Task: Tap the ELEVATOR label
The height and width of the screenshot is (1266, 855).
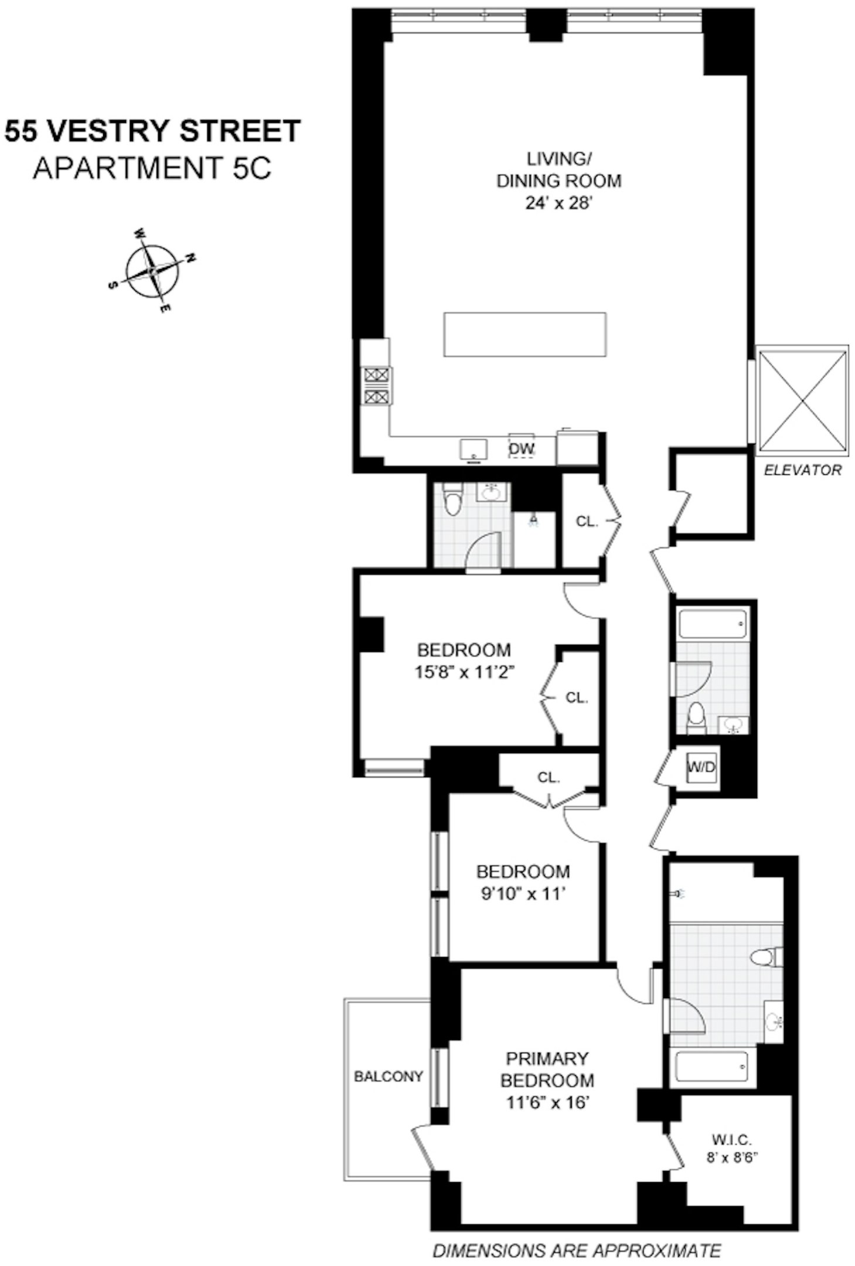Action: coord(802,469)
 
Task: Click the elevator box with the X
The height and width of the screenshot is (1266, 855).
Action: coord(802,400)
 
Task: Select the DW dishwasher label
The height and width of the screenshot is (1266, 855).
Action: coord(521,449)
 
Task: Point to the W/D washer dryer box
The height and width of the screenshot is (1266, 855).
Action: coord(701,767)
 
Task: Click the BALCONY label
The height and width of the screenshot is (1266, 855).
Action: coord(388,1076)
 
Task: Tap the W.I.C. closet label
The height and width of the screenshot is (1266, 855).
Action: coord(731,1139)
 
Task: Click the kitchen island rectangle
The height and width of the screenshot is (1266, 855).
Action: coord(524,334)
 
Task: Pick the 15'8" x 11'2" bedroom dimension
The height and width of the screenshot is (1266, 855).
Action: coord(464,672)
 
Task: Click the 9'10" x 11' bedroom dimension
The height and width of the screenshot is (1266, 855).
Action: coord(523,894)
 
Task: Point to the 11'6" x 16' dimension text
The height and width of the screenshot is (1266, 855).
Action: coord(547,1102)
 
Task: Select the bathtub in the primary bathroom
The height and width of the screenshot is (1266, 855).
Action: coord(712,1066)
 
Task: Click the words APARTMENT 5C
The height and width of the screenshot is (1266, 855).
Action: coord(152,169)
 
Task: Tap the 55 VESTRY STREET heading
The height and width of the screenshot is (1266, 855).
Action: coord(152,131)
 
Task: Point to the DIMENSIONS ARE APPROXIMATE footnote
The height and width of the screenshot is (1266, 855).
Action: coord(577,1251)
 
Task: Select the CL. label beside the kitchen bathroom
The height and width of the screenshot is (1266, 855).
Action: coord(586,520)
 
